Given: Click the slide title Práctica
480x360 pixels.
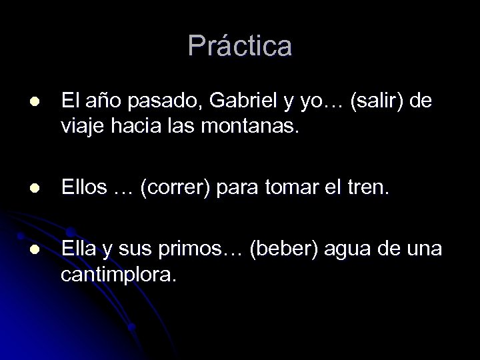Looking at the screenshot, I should (240, 46).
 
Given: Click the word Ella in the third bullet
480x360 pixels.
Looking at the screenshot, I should (79, 249).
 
